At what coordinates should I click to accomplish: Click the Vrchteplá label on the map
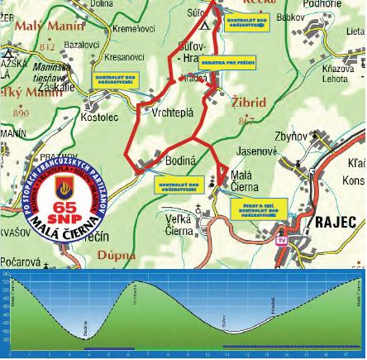coord(173,113)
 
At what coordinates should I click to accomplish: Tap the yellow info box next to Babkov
coord(246,21)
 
